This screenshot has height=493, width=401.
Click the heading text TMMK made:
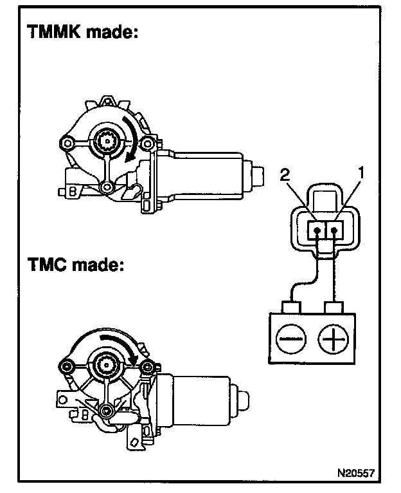coord(83,32)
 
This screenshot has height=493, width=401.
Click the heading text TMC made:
coord(76,264)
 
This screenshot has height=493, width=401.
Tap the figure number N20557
coord(356,472)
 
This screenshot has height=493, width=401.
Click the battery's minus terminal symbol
coord(290,339)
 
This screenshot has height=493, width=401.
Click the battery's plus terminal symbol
coord(333,339)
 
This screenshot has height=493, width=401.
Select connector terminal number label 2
coord(285,175)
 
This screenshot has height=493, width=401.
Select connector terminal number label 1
coord(361,172)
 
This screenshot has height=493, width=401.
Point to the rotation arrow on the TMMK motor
coord(129,139)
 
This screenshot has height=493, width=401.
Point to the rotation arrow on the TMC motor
coord(120,345)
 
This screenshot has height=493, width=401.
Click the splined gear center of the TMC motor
coord(107,364)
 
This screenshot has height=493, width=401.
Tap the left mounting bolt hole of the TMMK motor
coord(67,144)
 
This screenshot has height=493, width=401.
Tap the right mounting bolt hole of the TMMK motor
coord(146,144)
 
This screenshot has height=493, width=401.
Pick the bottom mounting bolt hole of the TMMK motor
coord(107,187)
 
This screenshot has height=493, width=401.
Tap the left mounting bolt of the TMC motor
coord(67,366)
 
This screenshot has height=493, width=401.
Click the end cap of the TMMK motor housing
coord(258,176)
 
